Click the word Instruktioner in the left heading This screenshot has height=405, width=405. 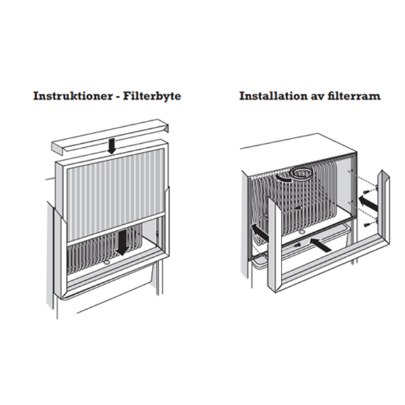click(72, 96)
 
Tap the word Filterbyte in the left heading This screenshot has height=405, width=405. click(152, 96)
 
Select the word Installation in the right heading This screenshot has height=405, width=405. click(272, 96)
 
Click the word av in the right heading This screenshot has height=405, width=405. click(316, 97)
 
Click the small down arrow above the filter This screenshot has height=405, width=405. click(112, 146)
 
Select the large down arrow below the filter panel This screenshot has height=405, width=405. click(122, 242)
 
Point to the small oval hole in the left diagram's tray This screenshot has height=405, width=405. click(107, 263)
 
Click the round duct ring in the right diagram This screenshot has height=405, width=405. click(301, 174)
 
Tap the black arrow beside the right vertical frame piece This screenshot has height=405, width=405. click(369, 202)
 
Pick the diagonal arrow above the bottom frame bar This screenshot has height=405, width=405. click(321, 244)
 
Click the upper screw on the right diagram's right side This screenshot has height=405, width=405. click(367, 192)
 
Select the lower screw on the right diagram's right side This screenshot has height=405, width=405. click(367, 225)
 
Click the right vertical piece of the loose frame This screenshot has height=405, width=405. click(384, 207)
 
